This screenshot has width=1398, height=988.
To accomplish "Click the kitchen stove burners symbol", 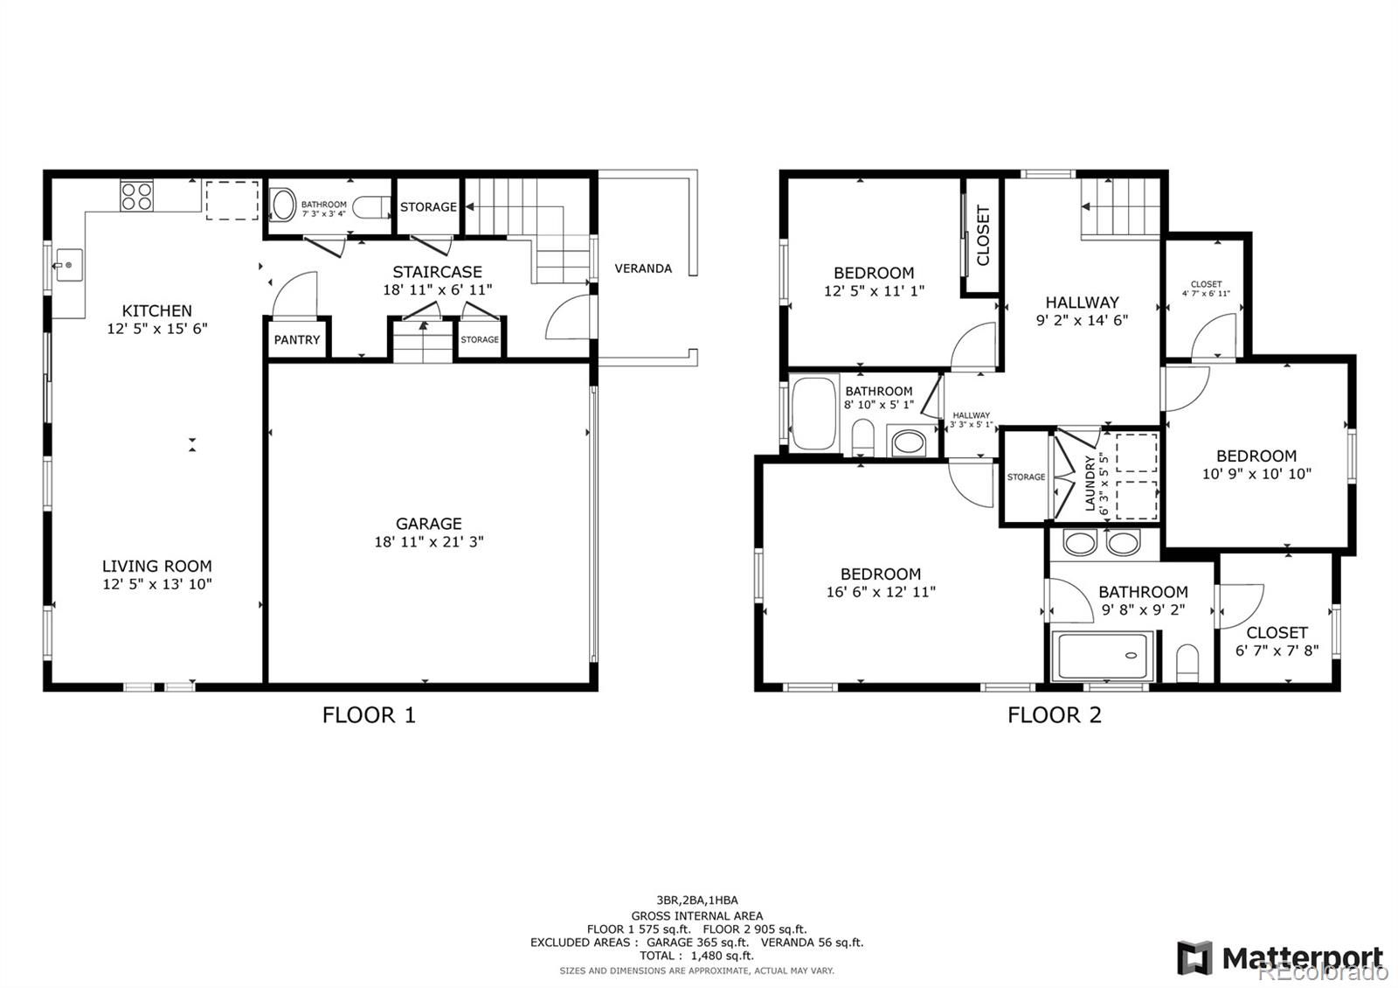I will tap(136, 196).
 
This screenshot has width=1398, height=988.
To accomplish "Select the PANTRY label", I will tap(297, 340).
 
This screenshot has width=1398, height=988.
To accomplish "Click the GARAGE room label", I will tap(428, 524).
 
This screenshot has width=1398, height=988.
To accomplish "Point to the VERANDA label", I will tap(643, 268).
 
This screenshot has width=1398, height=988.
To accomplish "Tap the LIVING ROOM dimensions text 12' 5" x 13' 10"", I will tap(157, 585).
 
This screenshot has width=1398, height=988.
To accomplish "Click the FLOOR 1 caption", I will tap(369, 715).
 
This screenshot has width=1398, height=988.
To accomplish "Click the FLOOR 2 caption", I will tap(1055, 715).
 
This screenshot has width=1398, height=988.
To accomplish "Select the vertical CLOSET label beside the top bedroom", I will tap(983, 235).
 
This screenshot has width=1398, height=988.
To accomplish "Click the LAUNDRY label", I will tap(1090, 483).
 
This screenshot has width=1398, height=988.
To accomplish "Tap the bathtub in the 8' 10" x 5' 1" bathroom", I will tap(814, 414).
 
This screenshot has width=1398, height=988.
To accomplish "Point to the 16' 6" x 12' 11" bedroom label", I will tap(881, 583).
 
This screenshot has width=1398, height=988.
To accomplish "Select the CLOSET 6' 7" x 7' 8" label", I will tap(1277, 641).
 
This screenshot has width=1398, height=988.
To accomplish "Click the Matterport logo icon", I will tap(1194, 958).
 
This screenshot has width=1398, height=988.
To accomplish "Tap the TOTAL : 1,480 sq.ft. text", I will tap(696, 956).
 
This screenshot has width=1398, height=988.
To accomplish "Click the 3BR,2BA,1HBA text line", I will tap(697, 900).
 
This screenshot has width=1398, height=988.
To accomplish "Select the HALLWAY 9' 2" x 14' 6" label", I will tap(1082, 311).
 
